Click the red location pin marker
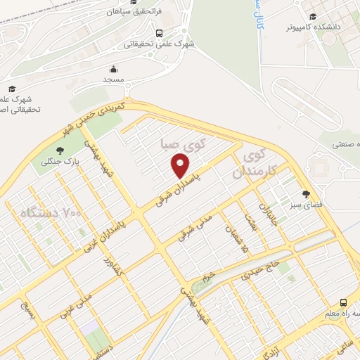[x=181, y=166]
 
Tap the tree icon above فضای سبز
[x=306, y=194]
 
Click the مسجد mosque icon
[x=113, y=69]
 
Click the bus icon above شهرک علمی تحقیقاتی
[x=160, y=32]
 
